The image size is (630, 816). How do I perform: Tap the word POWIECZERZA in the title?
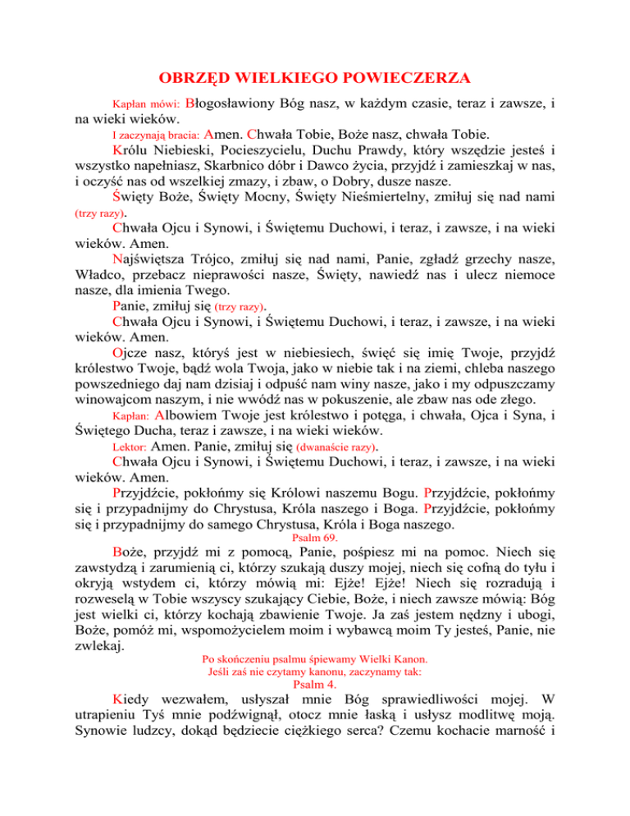point(402,79)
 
